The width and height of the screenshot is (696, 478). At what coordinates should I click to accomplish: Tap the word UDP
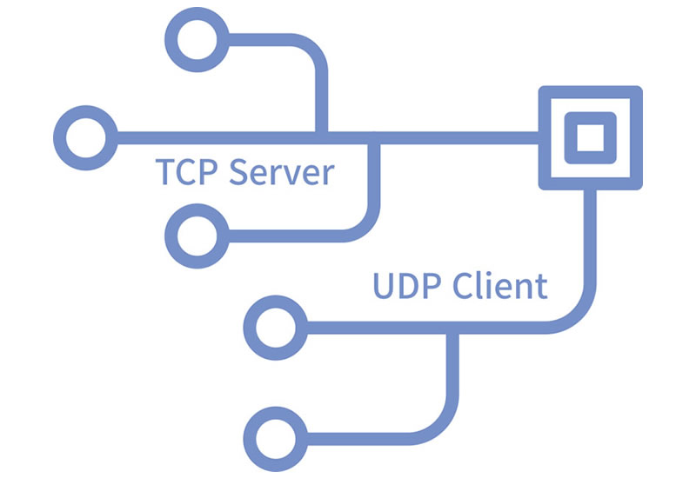pyautogui.click(x=406, y=285)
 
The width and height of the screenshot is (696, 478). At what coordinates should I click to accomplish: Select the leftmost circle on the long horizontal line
pyautogui.click(x=84, y=136)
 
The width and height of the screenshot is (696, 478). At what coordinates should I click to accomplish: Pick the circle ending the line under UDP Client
pyautogui.click(x=274, y=326)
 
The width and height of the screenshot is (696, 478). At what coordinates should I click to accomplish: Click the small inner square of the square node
pyautogui.click(x=590, y=137)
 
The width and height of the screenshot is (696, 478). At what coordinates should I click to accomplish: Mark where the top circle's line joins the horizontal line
pyautogui.click(x=321, y=136)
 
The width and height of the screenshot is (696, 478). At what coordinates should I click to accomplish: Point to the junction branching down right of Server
pyautogui.click(x=374, y=137)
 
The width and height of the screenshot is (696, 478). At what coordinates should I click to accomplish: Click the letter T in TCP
pyautogui.click(x=165, y=171)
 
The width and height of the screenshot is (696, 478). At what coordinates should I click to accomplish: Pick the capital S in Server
pyautogui.click(x=239, y=171)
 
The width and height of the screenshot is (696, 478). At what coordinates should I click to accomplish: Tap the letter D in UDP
pyautogui.click(x=406, y=285)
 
